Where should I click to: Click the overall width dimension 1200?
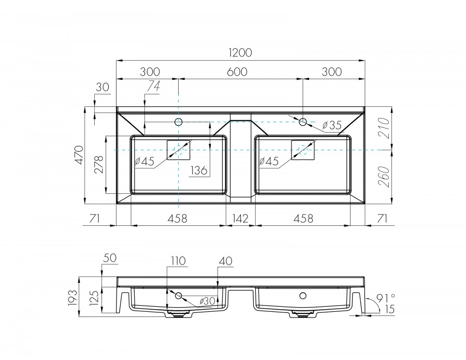click(239, 52)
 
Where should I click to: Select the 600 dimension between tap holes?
click(237, 72)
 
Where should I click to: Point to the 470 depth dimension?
click(78, 155)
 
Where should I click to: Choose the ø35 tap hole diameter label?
click(331, 125)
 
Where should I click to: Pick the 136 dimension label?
click(199, 169)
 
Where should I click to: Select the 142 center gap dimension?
click(240, 219)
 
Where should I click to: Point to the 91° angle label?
click(385, 297)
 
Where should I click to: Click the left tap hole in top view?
click(179, 122)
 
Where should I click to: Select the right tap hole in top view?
click(303, 122)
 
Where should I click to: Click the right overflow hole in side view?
click(303, 296)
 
